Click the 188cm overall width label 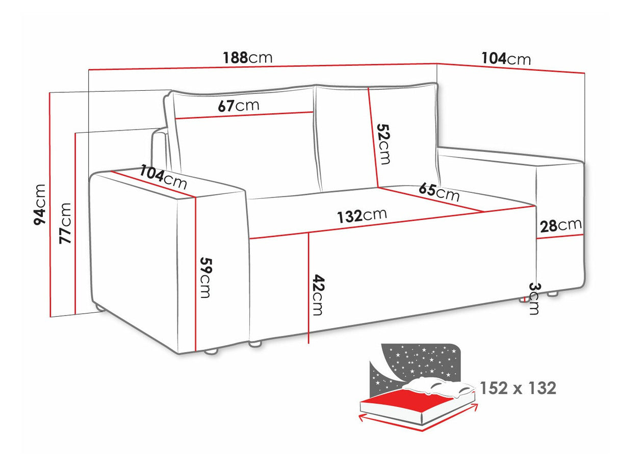(248, 57)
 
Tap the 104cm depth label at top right (506, 59)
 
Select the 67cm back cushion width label (238, 106)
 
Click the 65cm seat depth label (439, 192)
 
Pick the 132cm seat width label (362, 216)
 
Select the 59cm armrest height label (206, 277)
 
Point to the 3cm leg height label (533, 298)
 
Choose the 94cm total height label (39, 204)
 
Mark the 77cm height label (65, 223)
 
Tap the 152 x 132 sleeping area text (518, 389)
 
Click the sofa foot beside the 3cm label (524, 300)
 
